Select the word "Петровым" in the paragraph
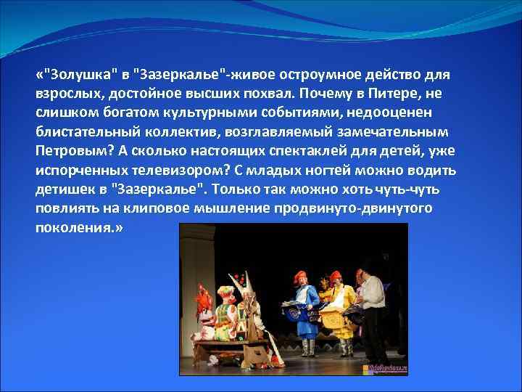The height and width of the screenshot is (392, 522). pyautogui.click(x=70, y=152)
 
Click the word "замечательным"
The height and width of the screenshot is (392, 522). pyautogui.click(x=396, y=133)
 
